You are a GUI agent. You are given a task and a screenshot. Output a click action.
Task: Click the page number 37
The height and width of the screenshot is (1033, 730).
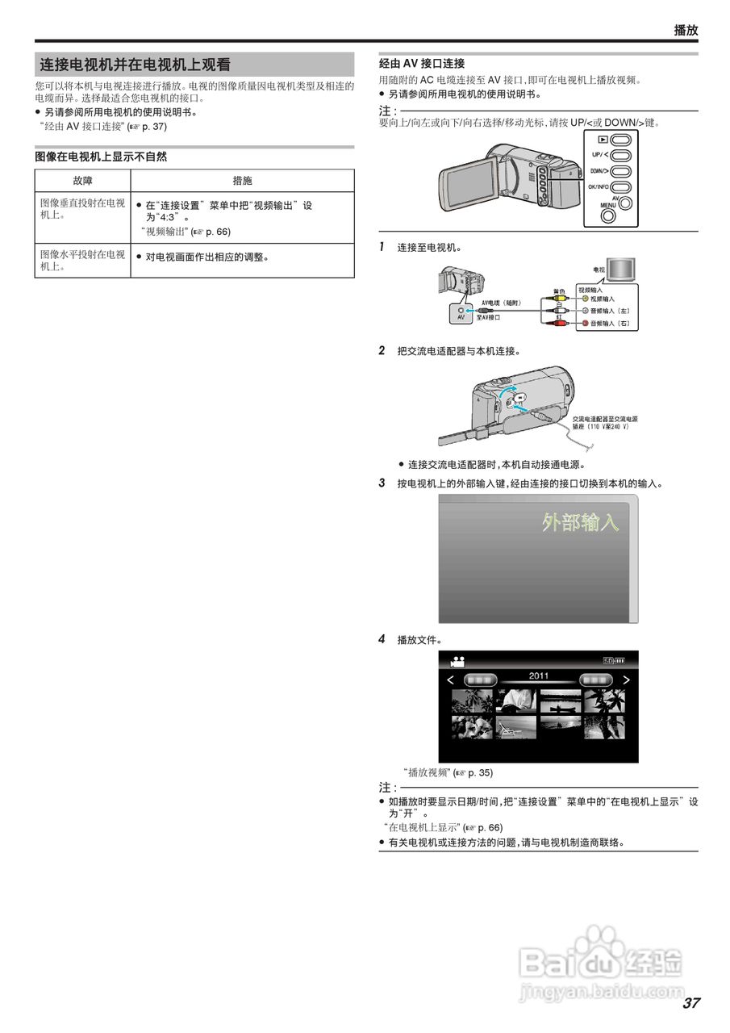point(690,1003)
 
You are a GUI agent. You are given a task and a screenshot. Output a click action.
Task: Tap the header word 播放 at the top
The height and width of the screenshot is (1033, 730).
point(686,30)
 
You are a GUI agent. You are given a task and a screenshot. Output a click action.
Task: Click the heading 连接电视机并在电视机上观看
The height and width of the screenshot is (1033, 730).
point(136,65)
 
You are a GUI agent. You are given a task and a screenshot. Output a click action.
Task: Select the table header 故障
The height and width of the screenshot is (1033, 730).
point(82,181)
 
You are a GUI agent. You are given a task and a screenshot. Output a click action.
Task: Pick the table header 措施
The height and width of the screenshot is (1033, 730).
point(242,181)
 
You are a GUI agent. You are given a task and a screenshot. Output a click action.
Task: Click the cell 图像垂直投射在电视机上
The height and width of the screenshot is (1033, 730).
point(82,209)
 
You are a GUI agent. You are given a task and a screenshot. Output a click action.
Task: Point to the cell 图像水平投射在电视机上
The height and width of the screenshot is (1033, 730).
point(82,260)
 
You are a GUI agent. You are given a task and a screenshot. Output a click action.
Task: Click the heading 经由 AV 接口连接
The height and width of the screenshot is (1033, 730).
point(422,63)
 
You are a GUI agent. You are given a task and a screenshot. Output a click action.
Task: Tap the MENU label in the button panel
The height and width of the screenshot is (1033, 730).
point(607,206)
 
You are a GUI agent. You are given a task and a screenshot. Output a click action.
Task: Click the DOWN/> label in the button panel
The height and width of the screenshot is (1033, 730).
point(599,171)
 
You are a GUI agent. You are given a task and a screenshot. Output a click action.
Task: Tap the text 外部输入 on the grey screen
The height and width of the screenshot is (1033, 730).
point(580,522)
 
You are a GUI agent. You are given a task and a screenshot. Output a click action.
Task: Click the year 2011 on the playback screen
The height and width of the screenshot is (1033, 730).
point(539,676)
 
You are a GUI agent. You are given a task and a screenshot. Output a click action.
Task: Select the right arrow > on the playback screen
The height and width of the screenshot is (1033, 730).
point(626,680)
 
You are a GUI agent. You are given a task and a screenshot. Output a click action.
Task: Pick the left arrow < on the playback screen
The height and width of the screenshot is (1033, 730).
point(451,680)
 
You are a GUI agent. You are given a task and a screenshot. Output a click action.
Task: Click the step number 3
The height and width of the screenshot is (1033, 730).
point(382,483)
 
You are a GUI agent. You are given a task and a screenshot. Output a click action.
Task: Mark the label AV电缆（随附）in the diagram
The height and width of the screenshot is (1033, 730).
point(502,303)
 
